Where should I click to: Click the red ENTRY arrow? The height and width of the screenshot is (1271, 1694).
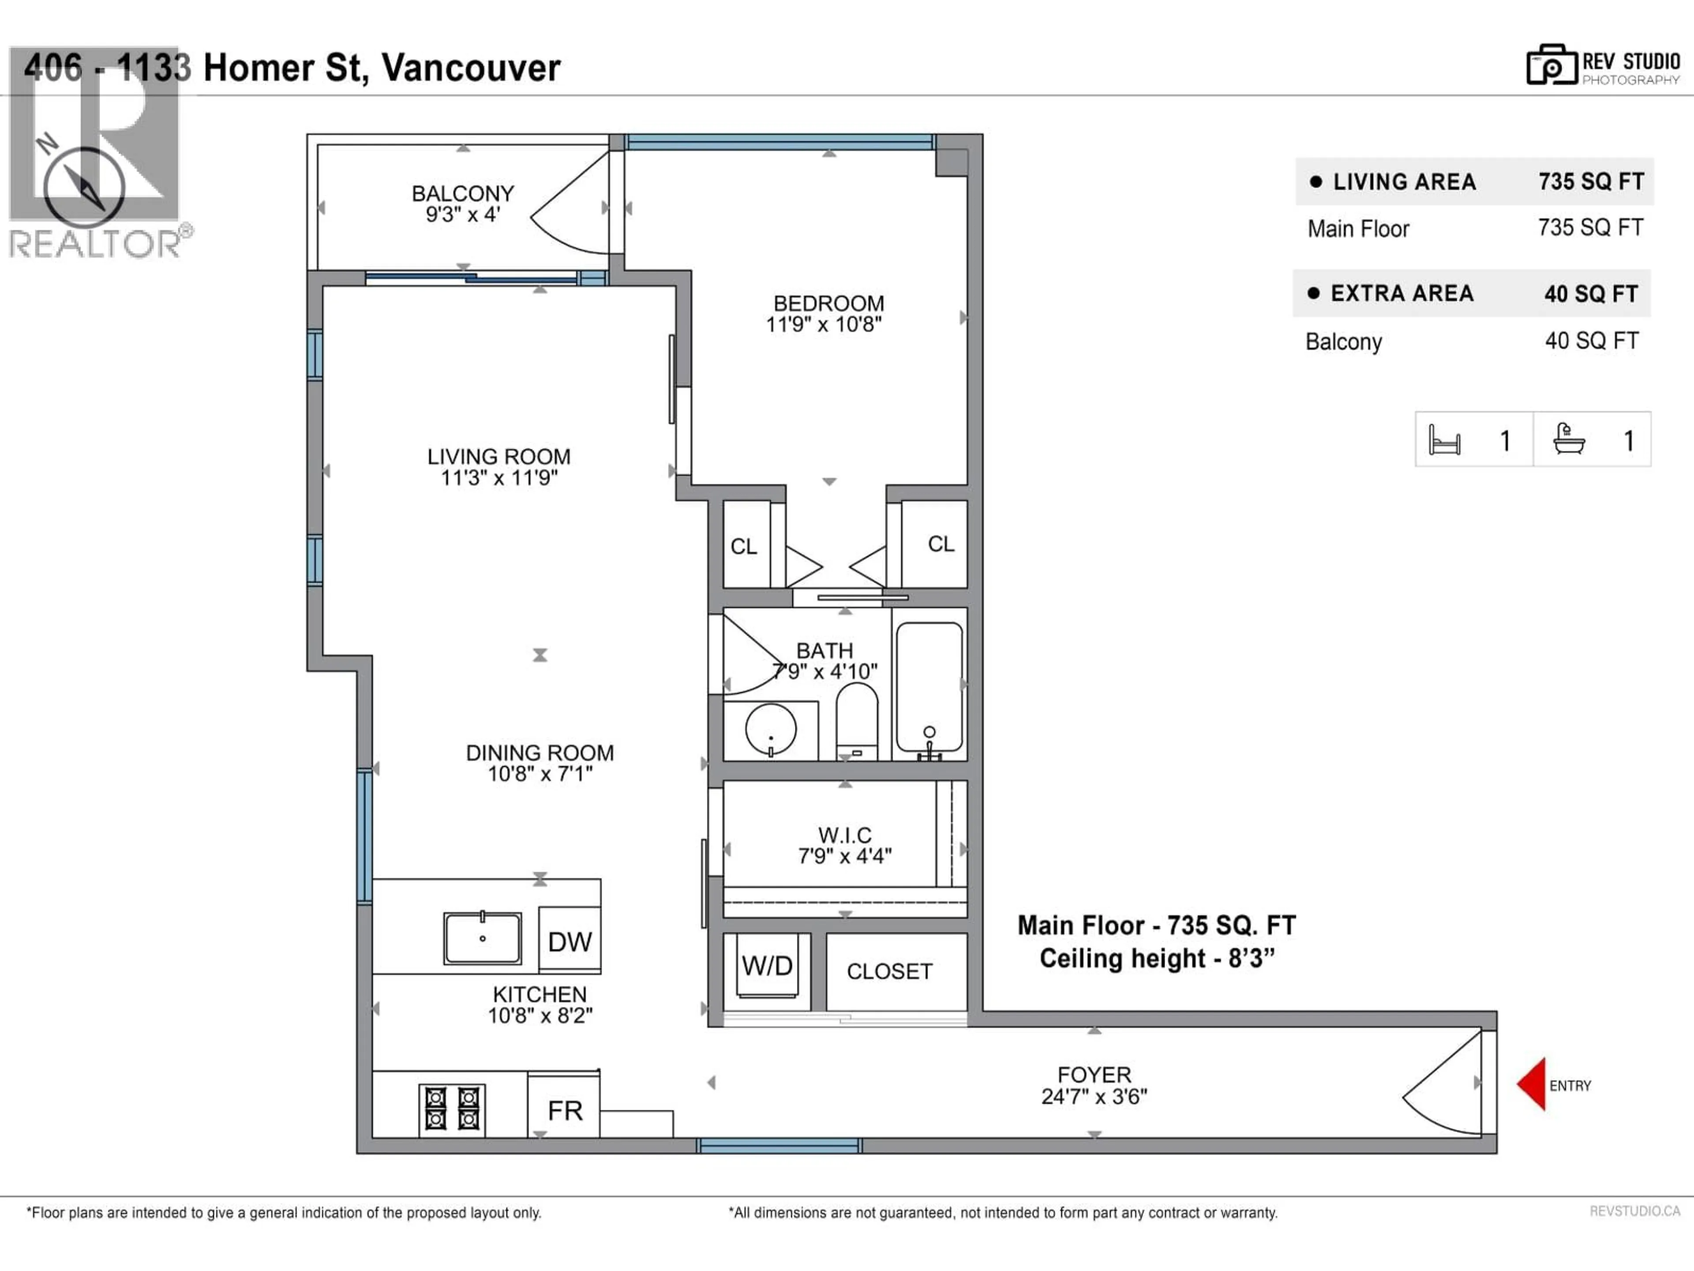pyautogui.click(x=1532, y=1083)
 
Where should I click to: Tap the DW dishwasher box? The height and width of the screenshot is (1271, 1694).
pyautogui.click(x=570, y=941)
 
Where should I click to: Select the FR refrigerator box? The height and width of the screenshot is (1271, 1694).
pyautogui.click(x=564, y=1110)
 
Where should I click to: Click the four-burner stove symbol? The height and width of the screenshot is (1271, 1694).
pyautogui.click(x=452, y=1109)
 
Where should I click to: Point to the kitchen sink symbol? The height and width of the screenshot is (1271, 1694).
pyautogui.click(x=483, y=938)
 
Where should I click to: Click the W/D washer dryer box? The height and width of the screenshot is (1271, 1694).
pyautogui.click(x=767, y=966)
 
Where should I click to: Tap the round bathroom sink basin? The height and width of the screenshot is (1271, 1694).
pyautogui.click(x=770, y=730)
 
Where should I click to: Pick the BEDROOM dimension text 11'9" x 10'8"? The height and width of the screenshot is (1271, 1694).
pyautogui.click(x=824, y=325)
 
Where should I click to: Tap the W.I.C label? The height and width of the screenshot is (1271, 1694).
pyautogui.click(x=845, y=835)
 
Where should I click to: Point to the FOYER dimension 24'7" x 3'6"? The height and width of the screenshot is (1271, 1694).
pyautogui.click(x=1094, y=1097)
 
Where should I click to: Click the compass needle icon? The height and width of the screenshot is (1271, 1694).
pyautogui.click(x=84, y=188)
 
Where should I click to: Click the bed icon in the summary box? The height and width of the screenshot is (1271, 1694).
pyautogui.click(x=1444, y=440)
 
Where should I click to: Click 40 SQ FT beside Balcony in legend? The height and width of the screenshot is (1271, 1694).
pyautogui.click(x=1591, y=341)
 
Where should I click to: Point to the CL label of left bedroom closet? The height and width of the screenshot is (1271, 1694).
pyautogui.click(x=744, y=546)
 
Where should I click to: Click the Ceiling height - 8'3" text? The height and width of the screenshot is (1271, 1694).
pyautogui.click(x=1156, y=959)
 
